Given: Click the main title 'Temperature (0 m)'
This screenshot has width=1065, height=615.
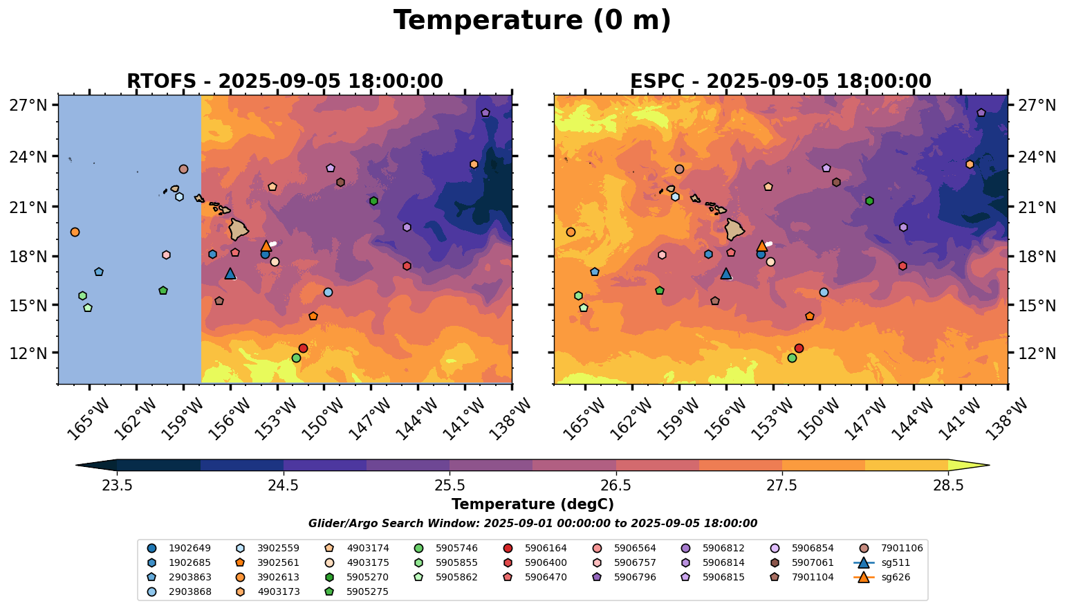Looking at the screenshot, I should coord(532,21).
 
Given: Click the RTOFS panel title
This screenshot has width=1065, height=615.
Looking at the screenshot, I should coord(284,82).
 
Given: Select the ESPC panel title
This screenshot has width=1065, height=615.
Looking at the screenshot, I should coord(780,82).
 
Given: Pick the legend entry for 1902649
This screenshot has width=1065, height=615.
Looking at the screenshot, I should coord(180,549).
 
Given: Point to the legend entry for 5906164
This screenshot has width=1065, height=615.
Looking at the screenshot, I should coord(535,549).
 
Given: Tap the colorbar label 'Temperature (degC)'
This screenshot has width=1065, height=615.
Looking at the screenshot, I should coord(532,505).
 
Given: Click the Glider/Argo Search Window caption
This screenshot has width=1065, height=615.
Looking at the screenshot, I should coord(532,524).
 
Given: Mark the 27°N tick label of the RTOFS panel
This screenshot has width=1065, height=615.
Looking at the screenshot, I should coord(28,106).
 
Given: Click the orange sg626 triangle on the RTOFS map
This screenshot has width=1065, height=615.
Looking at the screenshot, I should coord(266,246).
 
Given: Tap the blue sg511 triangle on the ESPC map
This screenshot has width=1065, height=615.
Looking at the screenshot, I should coord(726,274).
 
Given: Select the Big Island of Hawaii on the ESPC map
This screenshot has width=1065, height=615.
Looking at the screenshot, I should coord(735,229).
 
